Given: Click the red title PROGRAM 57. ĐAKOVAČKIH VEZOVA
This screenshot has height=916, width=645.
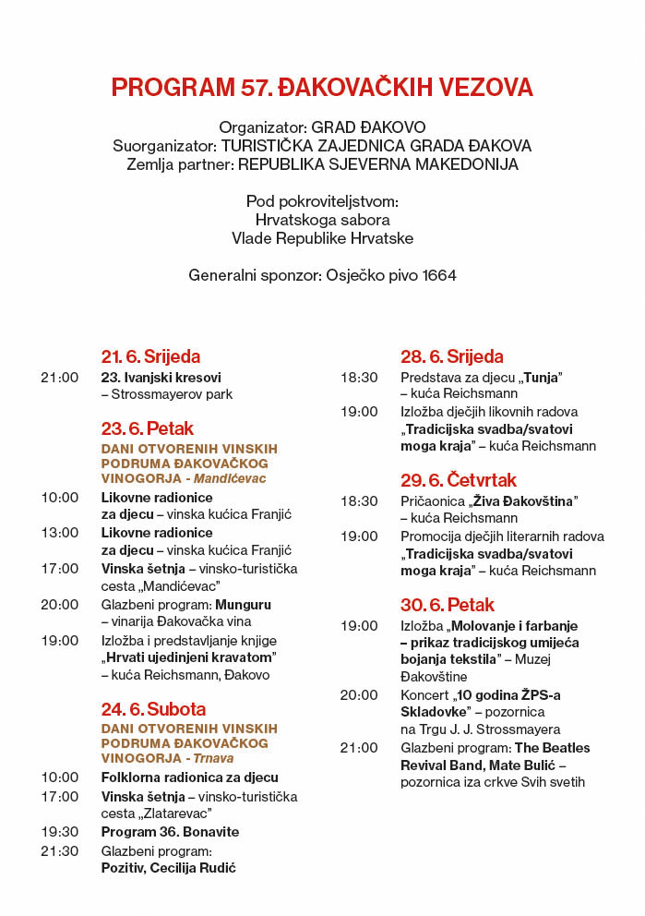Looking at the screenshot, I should click(x=322, y=88).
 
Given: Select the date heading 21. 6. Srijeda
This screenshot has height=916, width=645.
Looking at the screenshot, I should click(x=150, y=356).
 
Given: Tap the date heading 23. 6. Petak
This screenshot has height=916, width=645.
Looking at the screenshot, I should click(x=148, y=428).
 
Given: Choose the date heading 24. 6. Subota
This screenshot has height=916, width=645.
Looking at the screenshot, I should click(x=153, y=709).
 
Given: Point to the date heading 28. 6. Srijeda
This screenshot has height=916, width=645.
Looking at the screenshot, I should click(x=452, y=356).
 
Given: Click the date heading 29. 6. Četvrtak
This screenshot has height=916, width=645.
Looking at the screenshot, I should click(x=459, y=480).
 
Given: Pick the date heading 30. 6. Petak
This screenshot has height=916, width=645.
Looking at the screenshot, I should click(x=448, y=605).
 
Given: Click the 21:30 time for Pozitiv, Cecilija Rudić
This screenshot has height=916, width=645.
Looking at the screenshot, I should click(x=60, y=850).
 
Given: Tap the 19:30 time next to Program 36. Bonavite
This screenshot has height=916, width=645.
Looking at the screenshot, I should click(x=60, y=832).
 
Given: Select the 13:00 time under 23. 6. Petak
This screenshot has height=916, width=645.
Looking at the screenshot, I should click(x=60, y=533).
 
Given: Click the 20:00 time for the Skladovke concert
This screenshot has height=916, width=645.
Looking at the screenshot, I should click(x=359, y=694).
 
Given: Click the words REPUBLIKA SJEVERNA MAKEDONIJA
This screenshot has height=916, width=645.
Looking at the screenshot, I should click(x=378, y=164).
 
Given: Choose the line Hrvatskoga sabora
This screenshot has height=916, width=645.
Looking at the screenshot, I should click(x=322, y=220).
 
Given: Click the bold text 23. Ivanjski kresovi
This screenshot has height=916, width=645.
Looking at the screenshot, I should click(x=161, y=377).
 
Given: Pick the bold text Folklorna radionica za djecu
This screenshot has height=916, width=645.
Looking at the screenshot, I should click(x=189, y=777).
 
